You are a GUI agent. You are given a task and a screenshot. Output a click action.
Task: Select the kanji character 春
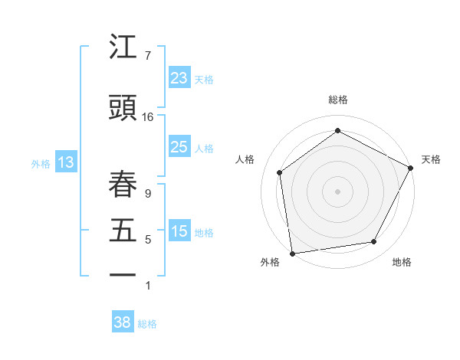click(x=123, y=182)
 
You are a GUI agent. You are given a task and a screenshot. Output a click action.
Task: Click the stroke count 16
click(x=147, y=116)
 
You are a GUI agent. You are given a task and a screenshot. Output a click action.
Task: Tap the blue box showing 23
click(x=179, y=78)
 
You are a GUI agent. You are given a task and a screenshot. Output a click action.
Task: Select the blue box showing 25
click(x=179, y=147)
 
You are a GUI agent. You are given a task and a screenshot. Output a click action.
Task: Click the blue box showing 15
click(x=179, y=231)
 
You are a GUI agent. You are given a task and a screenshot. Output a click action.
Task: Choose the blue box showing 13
click(x=65, y=162)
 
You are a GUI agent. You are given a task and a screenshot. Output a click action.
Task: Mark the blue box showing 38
click(x=122, y=323)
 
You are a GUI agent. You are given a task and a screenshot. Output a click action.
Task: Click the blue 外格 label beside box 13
click(x=41, y=163)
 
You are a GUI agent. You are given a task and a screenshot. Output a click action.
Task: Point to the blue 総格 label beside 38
click(x=147, y=324)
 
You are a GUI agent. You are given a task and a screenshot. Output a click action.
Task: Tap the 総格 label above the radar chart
click(x=338, y=100)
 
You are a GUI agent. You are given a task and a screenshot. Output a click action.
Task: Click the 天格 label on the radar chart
click(x=431, y=159)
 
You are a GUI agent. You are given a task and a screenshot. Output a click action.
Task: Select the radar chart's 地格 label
click(x=402, y=263)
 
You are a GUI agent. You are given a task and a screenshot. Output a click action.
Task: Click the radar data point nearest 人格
click(x=280, y=172)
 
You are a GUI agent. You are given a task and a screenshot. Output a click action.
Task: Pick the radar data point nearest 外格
click(x=292, y=253)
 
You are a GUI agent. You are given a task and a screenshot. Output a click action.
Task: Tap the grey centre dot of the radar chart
click(x=337, y=191)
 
